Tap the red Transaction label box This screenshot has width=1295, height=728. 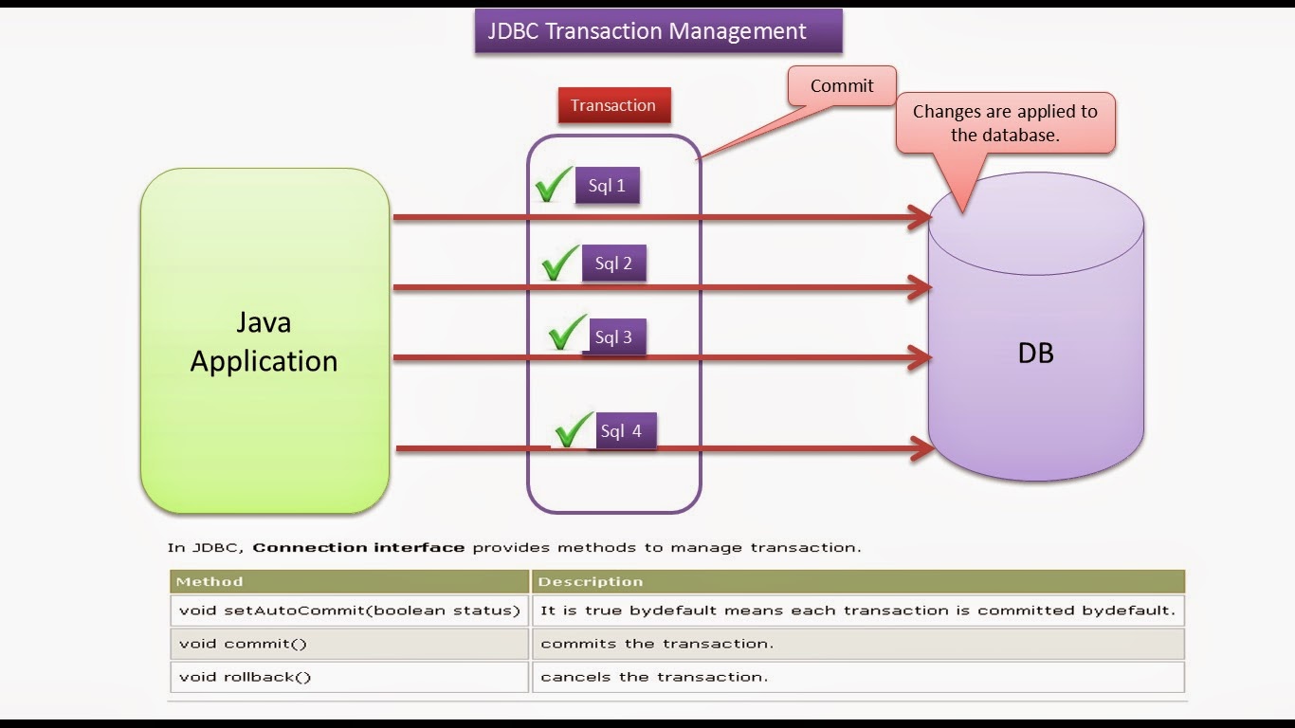point(613,105)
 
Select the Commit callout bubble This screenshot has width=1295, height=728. point(842,86)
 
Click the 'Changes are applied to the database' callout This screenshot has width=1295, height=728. point(1005,123)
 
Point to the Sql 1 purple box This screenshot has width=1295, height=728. point(607,186)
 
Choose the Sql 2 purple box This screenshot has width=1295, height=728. point(613,264)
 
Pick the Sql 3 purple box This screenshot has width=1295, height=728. point(614,337)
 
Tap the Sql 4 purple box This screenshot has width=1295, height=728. point(622,431)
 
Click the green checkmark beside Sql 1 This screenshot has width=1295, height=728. point(554,185)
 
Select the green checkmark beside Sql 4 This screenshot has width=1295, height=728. point(574,430)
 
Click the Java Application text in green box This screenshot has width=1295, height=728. point(264,342)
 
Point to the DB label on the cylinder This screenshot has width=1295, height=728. point(1035,353)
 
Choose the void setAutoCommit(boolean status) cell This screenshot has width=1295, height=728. point(349,610)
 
